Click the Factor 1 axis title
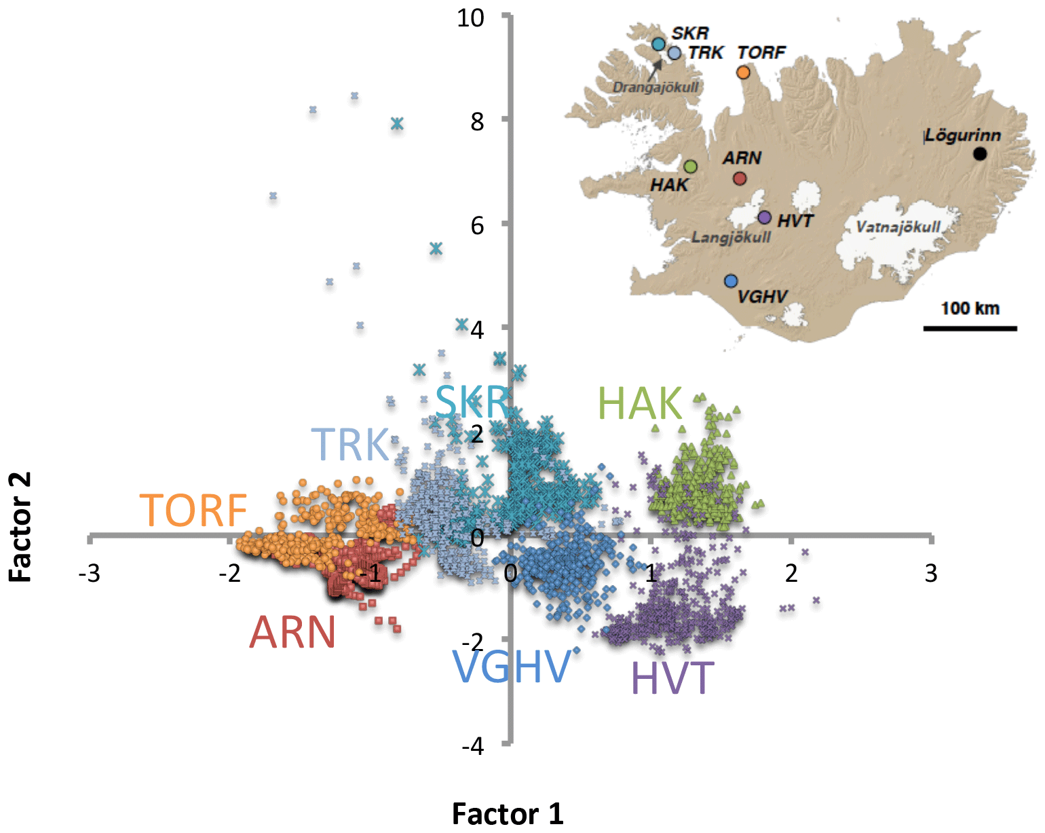coord(508,813)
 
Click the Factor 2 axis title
coord(20,527)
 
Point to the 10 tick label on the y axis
coord(470,18)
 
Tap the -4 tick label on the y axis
coord(472,746)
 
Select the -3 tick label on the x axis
coord(89,574)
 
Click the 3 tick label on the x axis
coord(931,574)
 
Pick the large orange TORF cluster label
coord(193,511)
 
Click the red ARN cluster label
coord(292,633)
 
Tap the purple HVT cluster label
coord(672,678)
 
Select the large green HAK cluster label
coord(639,404)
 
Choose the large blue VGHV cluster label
coord(512,667)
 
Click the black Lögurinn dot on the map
coord(979,153)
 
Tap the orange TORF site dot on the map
coord(743,72)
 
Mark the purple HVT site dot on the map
coord(764,217)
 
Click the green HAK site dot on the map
coord(690,166)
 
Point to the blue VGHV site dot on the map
coord(730,281)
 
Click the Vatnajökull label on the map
coord(898,227)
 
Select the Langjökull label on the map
coord(731,238)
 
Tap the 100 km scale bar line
coord(970,329)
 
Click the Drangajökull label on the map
coord(655,88)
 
